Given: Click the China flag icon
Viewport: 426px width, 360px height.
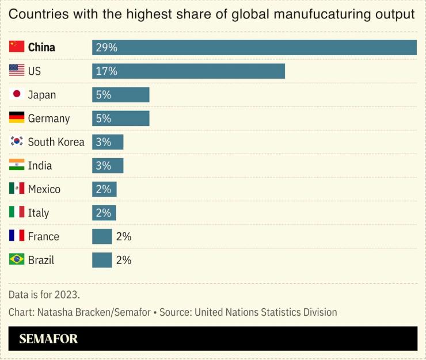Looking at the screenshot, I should point(17,47).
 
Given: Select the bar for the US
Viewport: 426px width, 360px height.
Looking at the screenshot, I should point(188,71).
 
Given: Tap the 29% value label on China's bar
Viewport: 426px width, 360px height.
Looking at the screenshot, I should point(106,48).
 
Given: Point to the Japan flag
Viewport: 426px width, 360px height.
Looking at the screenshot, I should point(17,95).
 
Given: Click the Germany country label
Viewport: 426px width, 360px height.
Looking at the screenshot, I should point(49,118).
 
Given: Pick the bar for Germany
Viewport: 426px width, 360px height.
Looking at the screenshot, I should point(120,118).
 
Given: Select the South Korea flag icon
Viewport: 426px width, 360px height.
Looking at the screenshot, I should point(17,142).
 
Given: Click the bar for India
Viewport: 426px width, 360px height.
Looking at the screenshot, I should point(108,166).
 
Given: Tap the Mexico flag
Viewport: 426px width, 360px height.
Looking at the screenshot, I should point(17,189).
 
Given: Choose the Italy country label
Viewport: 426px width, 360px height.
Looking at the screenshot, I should point(39,213).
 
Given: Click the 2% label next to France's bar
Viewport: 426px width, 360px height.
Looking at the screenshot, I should point(124,236).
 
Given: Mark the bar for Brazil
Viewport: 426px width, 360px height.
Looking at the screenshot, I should point(102,260).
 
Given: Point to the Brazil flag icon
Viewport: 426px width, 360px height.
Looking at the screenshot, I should point(17,260).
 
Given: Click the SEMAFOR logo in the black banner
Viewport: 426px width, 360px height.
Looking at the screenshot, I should point(48,339).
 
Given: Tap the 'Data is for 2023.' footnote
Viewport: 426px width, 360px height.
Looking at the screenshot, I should point(44,294).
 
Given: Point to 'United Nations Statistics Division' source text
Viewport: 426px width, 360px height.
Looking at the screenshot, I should point(266,312).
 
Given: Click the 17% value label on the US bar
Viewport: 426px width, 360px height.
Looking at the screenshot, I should point(106,71).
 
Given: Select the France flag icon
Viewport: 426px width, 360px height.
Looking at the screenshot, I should point(17,236).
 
